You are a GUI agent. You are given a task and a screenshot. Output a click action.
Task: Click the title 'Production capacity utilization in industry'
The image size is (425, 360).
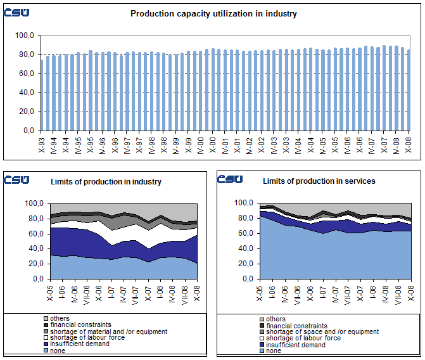(213, 13)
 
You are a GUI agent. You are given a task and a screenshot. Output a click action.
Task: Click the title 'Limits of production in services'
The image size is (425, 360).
(319, 181)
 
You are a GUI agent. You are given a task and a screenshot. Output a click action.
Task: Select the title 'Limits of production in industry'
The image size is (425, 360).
(106, 182)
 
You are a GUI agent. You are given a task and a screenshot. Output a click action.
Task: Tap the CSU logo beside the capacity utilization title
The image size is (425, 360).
(16, 13)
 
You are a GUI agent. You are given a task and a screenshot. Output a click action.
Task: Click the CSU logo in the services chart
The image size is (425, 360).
(229, 179)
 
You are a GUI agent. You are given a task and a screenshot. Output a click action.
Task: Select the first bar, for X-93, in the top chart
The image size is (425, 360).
(42, 94)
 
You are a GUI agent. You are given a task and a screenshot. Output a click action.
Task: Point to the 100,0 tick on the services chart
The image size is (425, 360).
(243, 203)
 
